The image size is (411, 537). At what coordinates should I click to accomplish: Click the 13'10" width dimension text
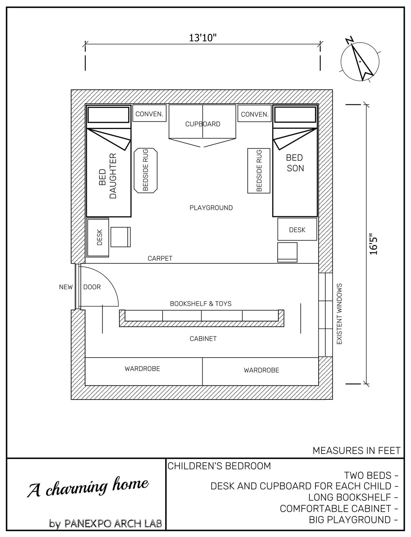[203, 38]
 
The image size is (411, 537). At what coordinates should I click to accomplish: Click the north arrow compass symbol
[360, 61]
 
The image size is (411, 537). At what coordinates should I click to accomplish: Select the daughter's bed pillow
[108, 114]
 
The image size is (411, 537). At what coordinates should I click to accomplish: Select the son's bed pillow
[296, 114]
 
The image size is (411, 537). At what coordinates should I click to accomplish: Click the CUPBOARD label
[203, 124]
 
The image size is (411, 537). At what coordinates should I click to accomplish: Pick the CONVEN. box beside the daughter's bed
[149, 114]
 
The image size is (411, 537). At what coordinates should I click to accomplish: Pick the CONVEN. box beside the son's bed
[255, 114]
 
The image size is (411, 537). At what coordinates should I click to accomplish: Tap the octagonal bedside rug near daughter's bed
[146, 170]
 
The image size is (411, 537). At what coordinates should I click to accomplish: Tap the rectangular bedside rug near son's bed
[259, 170]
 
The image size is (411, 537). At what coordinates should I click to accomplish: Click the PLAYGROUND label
[211, 208]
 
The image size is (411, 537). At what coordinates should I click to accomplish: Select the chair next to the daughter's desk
[120, 237]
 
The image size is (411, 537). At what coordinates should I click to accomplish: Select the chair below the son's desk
[287, 252]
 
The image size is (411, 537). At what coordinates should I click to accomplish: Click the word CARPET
[160, 258]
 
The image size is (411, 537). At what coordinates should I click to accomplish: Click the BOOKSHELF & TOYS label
[201, 304]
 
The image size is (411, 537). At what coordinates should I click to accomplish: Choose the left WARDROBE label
[142, 369]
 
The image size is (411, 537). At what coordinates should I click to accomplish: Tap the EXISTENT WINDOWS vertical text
[339, 313]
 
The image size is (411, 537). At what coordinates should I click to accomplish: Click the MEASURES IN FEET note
[356, 450]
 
